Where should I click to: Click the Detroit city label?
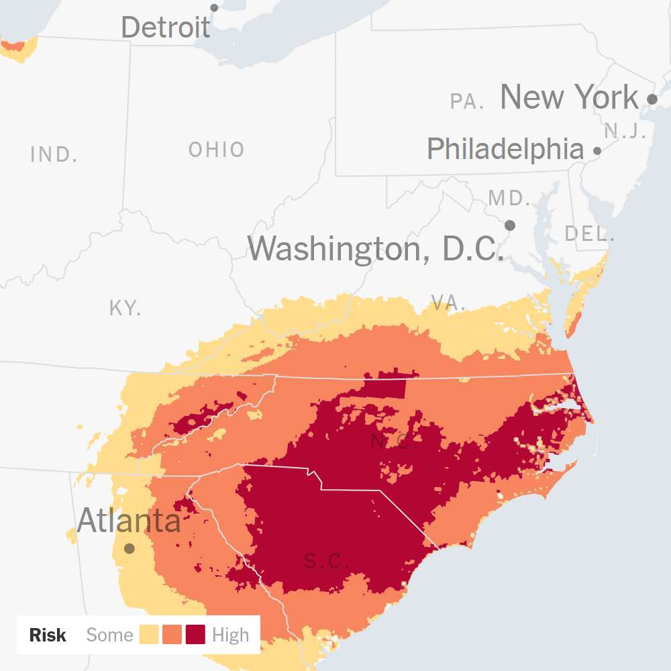[x=166, y=28]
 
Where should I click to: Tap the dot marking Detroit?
[x=215, y=8]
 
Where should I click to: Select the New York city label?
[x=569, y=97]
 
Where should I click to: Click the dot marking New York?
[x=652, y=99]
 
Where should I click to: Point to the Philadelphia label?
[x=505, y=149]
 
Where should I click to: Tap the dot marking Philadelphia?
[x=597, y=151]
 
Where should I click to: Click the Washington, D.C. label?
[x=376, y=249]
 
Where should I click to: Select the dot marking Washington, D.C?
[x=510, y=225]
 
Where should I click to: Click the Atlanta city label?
[x=129, y=521]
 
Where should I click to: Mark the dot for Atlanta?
[x=130, y=548]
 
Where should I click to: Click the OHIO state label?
[x=217, y=150]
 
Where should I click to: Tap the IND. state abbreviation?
[x=54, y=155]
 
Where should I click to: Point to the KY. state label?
[x=125, y=309]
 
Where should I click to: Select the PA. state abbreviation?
[x=468, y=102]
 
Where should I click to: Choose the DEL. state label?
[x=590, y=234]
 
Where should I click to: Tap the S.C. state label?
[x=326, y=561]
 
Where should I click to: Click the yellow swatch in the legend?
[x=149, y=635]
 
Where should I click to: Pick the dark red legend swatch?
[x=196, y=635]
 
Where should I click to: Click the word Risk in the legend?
[x=48, y=635]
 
